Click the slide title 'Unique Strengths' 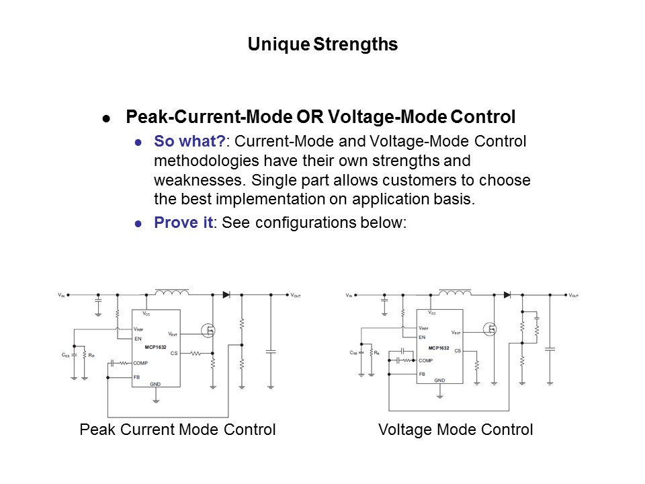(x=322, y=44)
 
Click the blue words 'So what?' (x=189, y=141)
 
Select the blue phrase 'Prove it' (x=183, y=223)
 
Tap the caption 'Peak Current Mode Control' (x=177, y=430)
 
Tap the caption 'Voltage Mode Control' (x=456, y=430)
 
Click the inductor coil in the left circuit (x=171, y=292)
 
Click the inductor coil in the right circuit (x=455, y=292)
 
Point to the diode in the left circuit (x=226, y=294)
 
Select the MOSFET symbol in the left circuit (x=209, y=330)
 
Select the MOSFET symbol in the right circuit (x=491, y=329)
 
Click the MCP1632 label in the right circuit (x=439, y=348)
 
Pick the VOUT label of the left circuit (x=295, y=295)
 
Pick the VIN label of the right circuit (x=349, y=295)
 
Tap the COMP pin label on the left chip (x=140, y=362)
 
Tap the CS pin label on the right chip (x=458, y=350)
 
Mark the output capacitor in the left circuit (x=271, y=351)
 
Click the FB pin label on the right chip (x=422, y=374)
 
